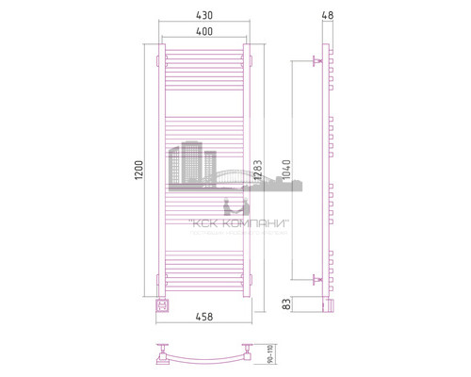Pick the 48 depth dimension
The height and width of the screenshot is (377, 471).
(327, 14)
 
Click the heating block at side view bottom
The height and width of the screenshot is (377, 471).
(326, 303)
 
